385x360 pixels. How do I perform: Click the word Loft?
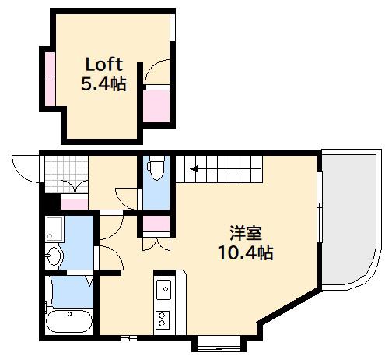[103, 65]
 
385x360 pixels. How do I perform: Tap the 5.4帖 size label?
[103, 83]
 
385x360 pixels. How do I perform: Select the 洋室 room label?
[246, 233]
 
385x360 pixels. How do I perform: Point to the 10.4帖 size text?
[246, 252]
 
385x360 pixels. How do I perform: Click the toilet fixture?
[156, 169]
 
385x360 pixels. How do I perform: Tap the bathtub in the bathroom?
[69, 320]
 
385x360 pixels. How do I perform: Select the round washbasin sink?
[54, 256]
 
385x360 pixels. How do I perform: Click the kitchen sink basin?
[163, 289]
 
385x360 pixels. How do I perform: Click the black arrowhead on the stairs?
[194, 169]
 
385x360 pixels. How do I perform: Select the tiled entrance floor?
[66, 174]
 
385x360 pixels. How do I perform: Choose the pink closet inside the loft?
[156, 106]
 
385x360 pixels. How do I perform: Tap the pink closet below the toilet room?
[156, 224]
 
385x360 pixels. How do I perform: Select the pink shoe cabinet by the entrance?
[75, 204]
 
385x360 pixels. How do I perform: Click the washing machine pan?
[54, 229]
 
